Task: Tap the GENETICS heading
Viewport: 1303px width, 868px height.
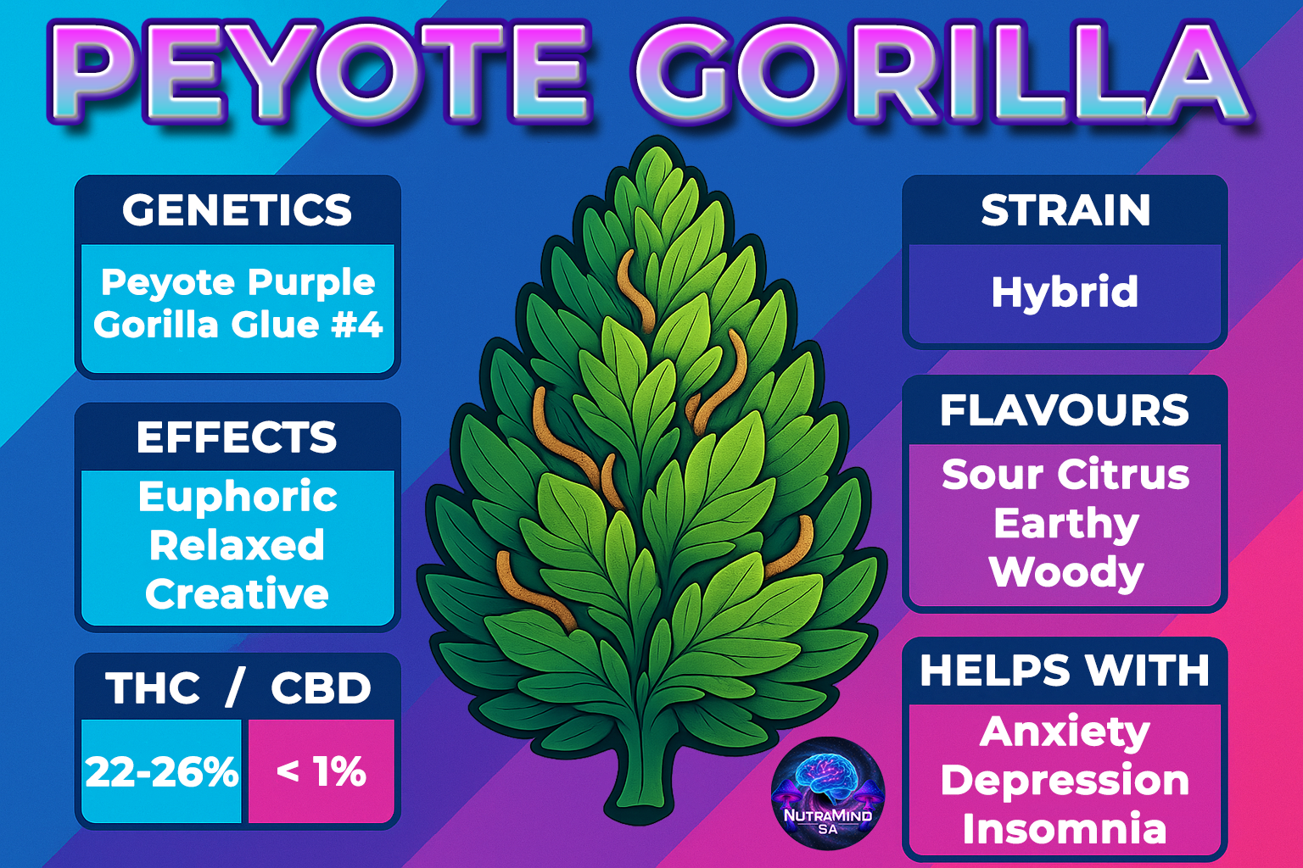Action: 238,209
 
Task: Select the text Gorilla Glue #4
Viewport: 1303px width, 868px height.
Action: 238,325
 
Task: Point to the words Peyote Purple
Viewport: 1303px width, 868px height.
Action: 238,283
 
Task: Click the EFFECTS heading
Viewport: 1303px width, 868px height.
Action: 237,437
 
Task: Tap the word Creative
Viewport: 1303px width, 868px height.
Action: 237,593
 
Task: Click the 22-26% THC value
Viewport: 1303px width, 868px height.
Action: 162,772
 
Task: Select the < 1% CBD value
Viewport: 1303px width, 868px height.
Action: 322,772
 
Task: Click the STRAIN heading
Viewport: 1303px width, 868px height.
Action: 1065,209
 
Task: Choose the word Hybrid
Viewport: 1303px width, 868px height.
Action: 1065,292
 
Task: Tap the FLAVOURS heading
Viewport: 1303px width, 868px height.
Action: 1065,410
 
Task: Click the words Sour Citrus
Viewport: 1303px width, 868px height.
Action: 1065,475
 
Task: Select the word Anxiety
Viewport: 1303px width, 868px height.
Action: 1065,732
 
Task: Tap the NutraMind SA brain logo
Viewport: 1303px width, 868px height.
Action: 827,793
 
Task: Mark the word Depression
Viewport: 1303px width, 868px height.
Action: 1065,782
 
